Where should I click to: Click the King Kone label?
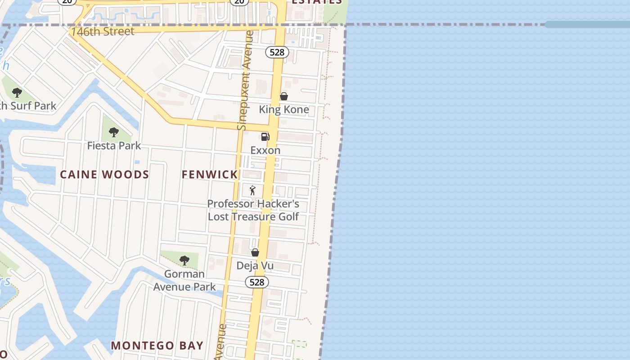pos(283,109)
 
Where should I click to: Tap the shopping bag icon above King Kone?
pos(283,96)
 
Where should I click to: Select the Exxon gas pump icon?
pos(265,137)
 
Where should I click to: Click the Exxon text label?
pos(265,150)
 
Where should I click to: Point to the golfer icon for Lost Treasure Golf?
pos(252,190)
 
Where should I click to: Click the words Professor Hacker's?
pos(253,204)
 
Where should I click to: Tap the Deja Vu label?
pos(255,266)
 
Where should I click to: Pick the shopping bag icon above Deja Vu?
pos(255,252)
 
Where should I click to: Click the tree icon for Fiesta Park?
pos(114,132)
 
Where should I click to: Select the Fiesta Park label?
pos(114,146)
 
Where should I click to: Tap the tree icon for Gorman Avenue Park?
pos(184,260)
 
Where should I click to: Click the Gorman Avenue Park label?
pos(184,280)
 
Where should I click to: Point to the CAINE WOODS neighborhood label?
pos(104,175)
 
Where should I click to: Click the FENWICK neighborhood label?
pos(209,175)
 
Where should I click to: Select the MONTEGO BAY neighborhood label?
pos(157,346)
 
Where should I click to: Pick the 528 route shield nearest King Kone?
pos(277,52)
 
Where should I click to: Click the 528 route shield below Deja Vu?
pos(256,282)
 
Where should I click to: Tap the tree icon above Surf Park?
pos(17,93)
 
